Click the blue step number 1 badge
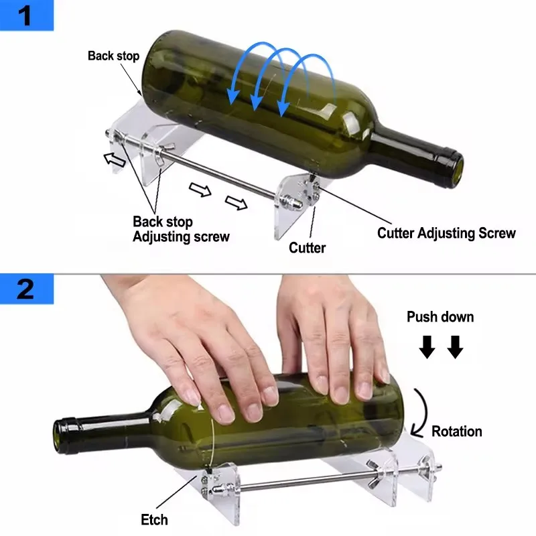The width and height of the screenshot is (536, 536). [x=26, y=15]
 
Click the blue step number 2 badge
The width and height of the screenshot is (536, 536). [x=26, y=289]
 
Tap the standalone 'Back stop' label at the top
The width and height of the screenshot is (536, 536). [x=113, y=56]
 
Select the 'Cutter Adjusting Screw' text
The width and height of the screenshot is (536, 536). [x=446, y=233]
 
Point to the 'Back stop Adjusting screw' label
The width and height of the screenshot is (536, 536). [x=181, y=229]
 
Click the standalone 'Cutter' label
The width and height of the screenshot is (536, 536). [x=307, y=248]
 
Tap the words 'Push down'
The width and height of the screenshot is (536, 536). [x=440, y=317]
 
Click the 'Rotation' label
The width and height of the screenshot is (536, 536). [x=456, y=431]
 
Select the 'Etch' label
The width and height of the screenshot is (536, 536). [x=155, y=519]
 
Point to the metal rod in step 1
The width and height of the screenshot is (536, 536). [x=221, y=177]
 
